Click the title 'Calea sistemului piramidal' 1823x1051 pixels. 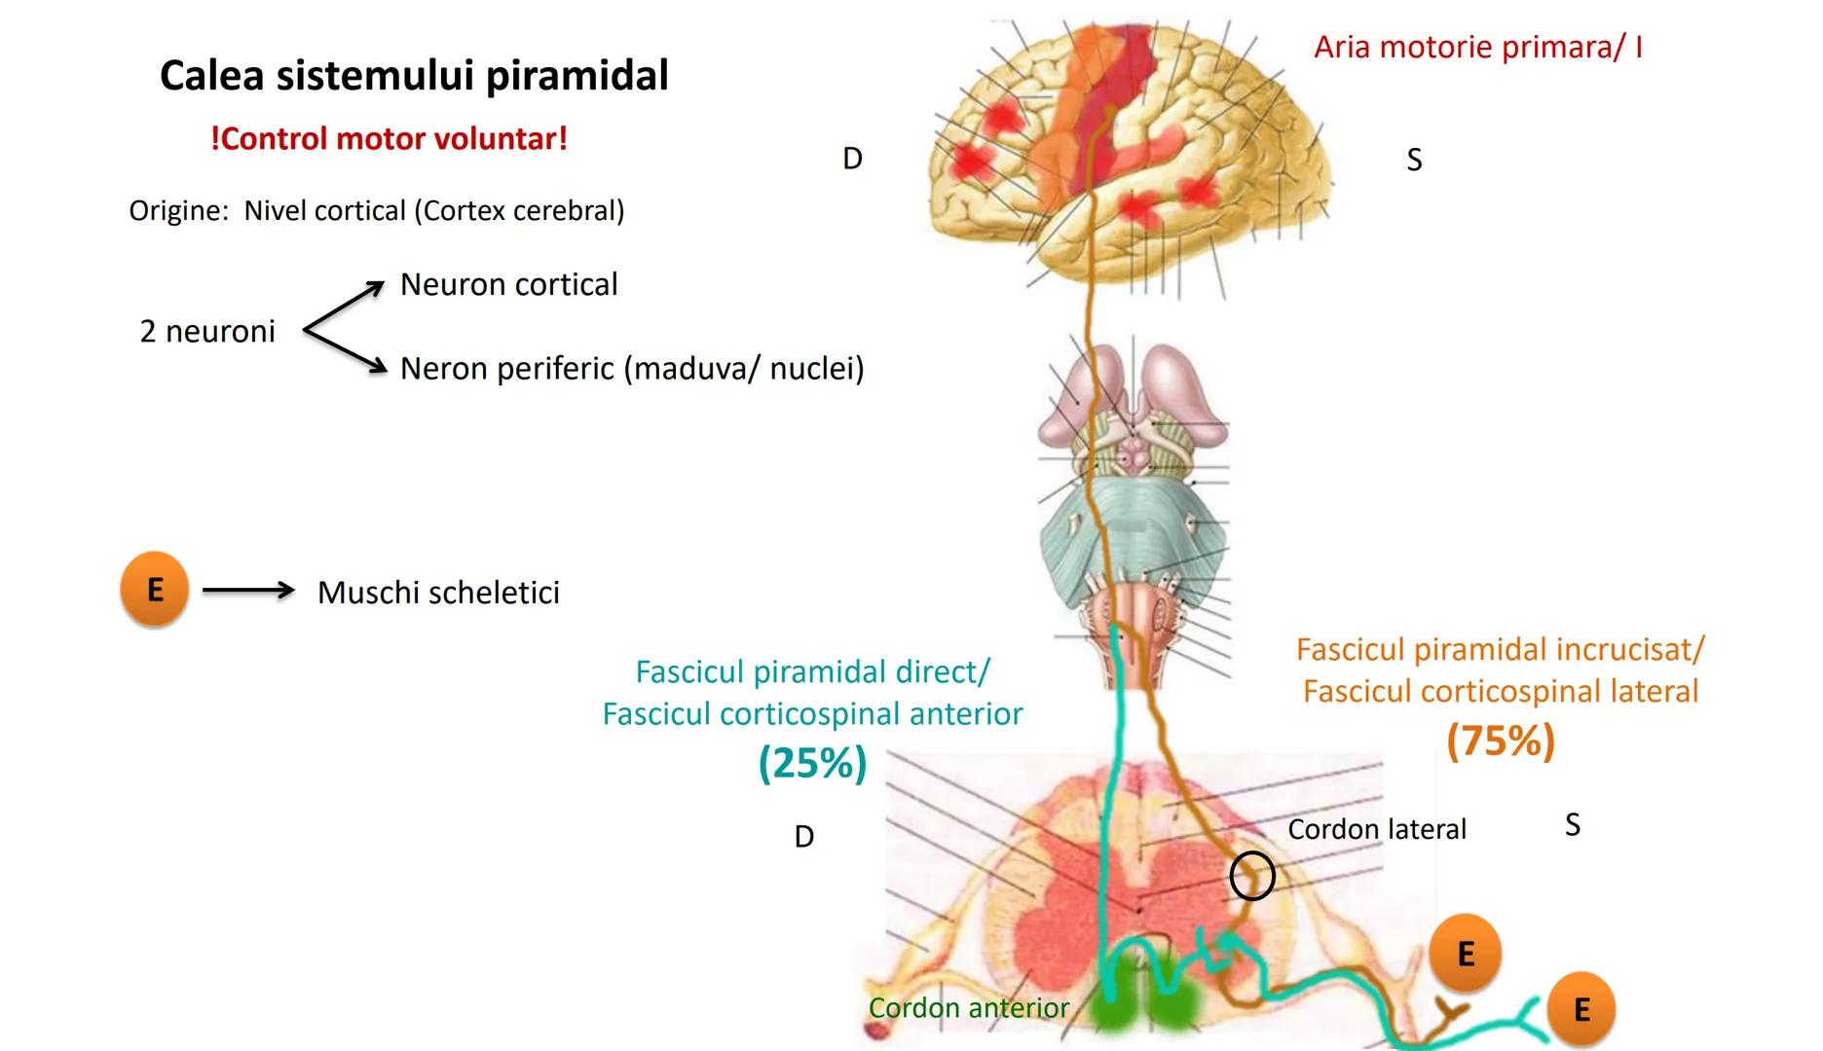point(414,76)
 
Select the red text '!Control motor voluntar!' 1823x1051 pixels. point(389,139)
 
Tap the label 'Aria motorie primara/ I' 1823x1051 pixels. point(1477,47)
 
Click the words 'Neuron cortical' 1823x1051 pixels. point(508,285)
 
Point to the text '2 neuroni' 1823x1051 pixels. point(207,332)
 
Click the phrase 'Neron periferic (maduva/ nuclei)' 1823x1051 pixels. point(632,369)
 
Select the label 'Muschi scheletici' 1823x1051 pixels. point(438,593)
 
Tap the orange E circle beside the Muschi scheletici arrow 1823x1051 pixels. point(154,589)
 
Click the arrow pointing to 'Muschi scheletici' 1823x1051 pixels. point(248,590)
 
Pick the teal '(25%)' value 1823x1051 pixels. point(812,763)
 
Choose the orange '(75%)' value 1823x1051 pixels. point(1500,742)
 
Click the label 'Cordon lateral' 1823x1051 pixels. point(1376,829)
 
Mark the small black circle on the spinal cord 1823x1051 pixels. point(1251,876)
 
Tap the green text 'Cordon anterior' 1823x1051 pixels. point(968,1008)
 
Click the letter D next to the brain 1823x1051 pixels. point(852,159)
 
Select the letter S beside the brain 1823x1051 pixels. point(1414,160)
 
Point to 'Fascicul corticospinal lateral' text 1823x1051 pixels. point(1500,692)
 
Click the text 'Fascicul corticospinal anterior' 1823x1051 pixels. point(812,714)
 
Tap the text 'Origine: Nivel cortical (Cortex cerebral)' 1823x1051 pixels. point(377,211)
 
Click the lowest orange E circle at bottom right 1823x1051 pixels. point(1581,1009)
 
